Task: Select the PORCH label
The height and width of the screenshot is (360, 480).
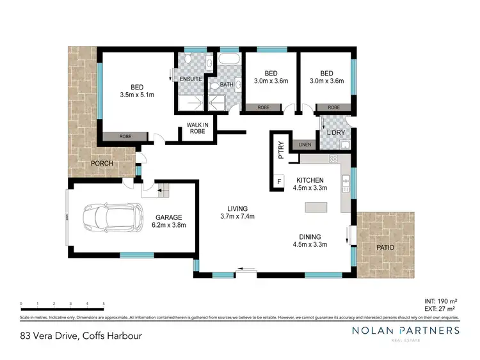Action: coord(102,163)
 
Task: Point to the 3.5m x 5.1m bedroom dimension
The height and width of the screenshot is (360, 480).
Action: coord(137,95)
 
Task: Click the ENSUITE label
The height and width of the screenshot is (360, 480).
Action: coord(190,79)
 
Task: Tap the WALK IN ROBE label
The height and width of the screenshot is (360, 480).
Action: coord(196,128)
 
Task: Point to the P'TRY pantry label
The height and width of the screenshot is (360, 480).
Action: coord(280,150)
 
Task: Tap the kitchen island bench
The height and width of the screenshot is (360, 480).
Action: coord(317,208)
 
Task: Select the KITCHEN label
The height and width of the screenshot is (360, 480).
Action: coord(310,180)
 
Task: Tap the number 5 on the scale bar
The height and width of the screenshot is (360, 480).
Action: coord(104,304)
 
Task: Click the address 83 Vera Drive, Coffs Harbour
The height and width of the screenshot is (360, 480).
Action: coord(81,335)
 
